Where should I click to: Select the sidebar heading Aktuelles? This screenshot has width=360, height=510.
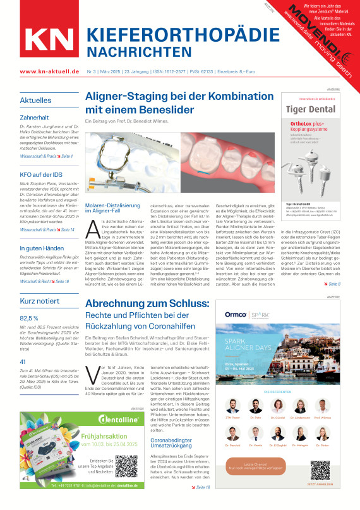point(35,100)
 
